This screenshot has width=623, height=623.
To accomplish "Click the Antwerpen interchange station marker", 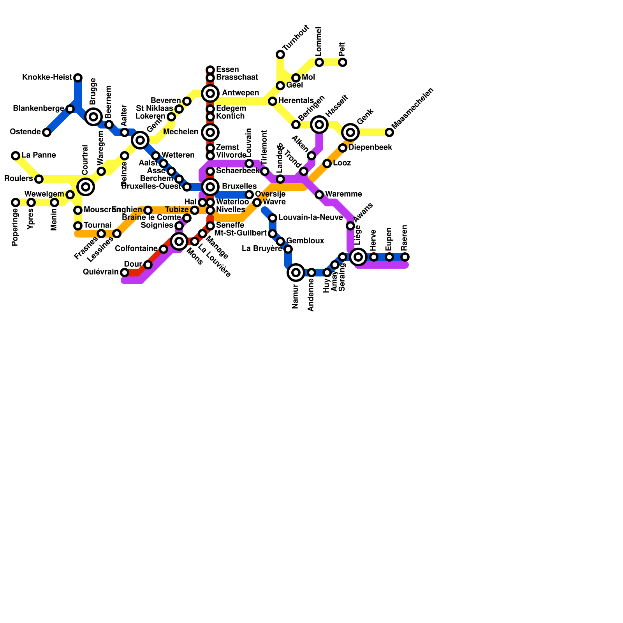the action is tap(210, 93).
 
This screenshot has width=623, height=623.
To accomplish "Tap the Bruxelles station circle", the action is tap(210, 187).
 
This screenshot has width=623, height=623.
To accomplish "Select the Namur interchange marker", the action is tap(296, 273).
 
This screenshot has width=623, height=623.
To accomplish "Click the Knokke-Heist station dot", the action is tap(78, 78).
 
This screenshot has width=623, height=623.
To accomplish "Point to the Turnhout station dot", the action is tap(280, 55).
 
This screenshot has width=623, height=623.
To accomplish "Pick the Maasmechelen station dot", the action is tap(389, 132).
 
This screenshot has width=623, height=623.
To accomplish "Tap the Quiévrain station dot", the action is tap(125, 273).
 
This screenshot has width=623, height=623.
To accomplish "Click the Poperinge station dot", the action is tap(16, 202).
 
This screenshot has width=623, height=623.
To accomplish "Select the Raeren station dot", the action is tap(405, 257).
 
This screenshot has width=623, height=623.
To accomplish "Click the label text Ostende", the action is tap(25, 132).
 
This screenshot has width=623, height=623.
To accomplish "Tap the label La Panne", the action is tap(39, 155).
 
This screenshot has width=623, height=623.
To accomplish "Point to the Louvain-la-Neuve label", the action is tap(310, 217).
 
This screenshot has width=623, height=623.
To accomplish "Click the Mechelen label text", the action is tap(181, 132).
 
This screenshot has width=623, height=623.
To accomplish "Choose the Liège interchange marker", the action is tap(358, 257).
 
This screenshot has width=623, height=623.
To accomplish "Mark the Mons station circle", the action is tap(179, 241).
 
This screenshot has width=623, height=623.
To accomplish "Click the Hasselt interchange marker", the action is tap(319, 125).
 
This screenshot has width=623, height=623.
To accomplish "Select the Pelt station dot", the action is tap(343, 62).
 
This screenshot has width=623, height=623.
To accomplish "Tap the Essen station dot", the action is tap(210, 70).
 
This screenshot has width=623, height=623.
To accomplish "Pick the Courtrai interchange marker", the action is tap(86, 187).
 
